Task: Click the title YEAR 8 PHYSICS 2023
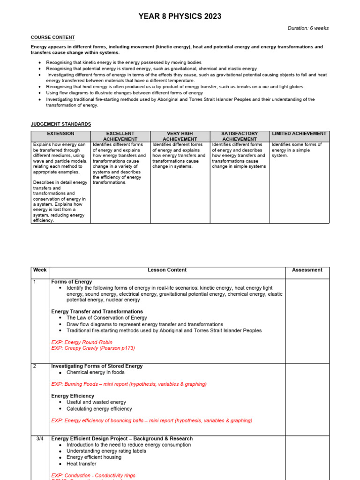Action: (x=180, y=16)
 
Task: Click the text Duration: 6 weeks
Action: (x=308, y=28)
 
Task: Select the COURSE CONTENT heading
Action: (x=52, y=37)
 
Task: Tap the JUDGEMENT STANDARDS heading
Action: (x=61, y=124)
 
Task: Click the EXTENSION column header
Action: (x=61, y=134)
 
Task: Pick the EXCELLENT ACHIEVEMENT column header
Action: (x=120, y=136)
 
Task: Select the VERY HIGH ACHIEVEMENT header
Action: (x=180, y=136)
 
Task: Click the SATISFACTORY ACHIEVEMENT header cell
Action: (x=240, y=136)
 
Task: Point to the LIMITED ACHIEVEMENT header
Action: (x=300, y=134)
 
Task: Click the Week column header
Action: (x=40, y=270)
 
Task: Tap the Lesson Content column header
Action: (x=167, y=270)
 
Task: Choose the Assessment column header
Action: (x=307, y=270)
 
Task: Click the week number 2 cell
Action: (x=35, y=366)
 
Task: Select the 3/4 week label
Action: (x=40, y=439)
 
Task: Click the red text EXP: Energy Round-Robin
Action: (x=82, y=343)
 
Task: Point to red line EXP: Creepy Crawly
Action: (x=93, y=348)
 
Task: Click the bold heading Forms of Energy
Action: (x=71, y=282)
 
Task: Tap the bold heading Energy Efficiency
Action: (x=73, y=396)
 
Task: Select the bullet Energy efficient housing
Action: (x=94, y=457)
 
